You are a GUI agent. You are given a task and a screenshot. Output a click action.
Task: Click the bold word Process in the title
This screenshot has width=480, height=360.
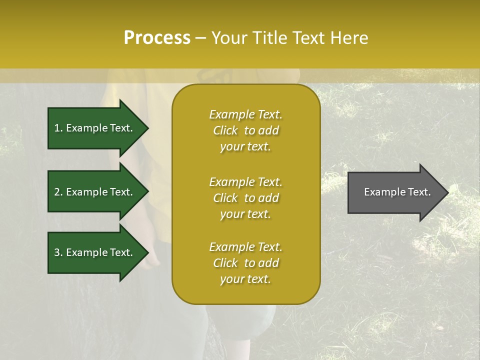coord(157,38)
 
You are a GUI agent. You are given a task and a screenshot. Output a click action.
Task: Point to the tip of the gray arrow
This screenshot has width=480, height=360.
coord(447,192)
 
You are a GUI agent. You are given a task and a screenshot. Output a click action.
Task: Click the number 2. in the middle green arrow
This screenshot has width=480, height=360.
coord(58,192)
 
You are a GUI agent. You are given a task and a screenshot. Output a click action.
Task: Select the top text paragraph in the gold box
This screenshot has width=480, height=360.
coord(245,130)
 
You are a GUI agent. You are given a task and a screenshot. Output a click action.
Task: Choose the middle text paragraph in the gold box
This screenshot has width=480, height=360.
coord(245,198)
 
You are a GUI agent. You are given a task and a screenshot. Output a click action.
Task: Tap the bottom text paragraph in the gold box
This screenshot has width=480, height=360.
coord(245,263)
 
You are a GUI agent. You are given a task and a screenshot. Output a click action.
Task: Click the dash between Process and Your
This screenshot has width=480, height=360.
coord(201,38)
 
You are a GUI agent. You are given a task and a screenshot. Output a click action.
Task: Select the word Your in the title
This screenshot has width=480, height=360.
coord(229,38)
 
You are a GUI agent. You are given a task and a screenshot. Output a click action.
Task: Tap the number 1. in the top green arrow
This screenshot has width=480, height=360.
coord(58,128)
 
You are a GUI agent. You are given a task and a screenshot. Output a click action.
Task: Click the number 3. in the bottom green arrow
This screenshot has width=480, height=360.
coord(58,252)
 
